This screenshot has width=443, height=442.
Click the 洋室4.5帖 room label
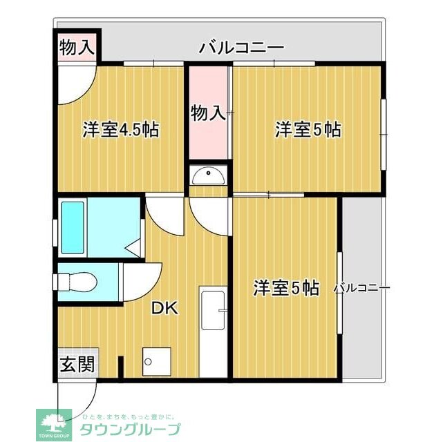(122, 129)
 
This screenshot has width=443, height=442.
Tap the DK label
(165, 308)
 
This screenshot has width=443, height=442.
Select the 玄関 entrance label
(76, 365)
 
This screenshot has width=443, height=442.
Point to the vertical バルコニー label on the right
(362, 289)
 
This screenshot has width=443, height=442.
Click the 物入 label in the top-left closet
(77, 48)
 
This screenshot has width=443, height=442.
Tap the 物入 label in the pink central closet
(208, 113)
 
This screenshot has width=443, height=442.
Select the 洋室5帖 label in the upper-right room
(308, 129)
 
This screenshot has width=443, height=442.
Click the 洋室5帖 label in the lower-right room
(285, 288)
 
